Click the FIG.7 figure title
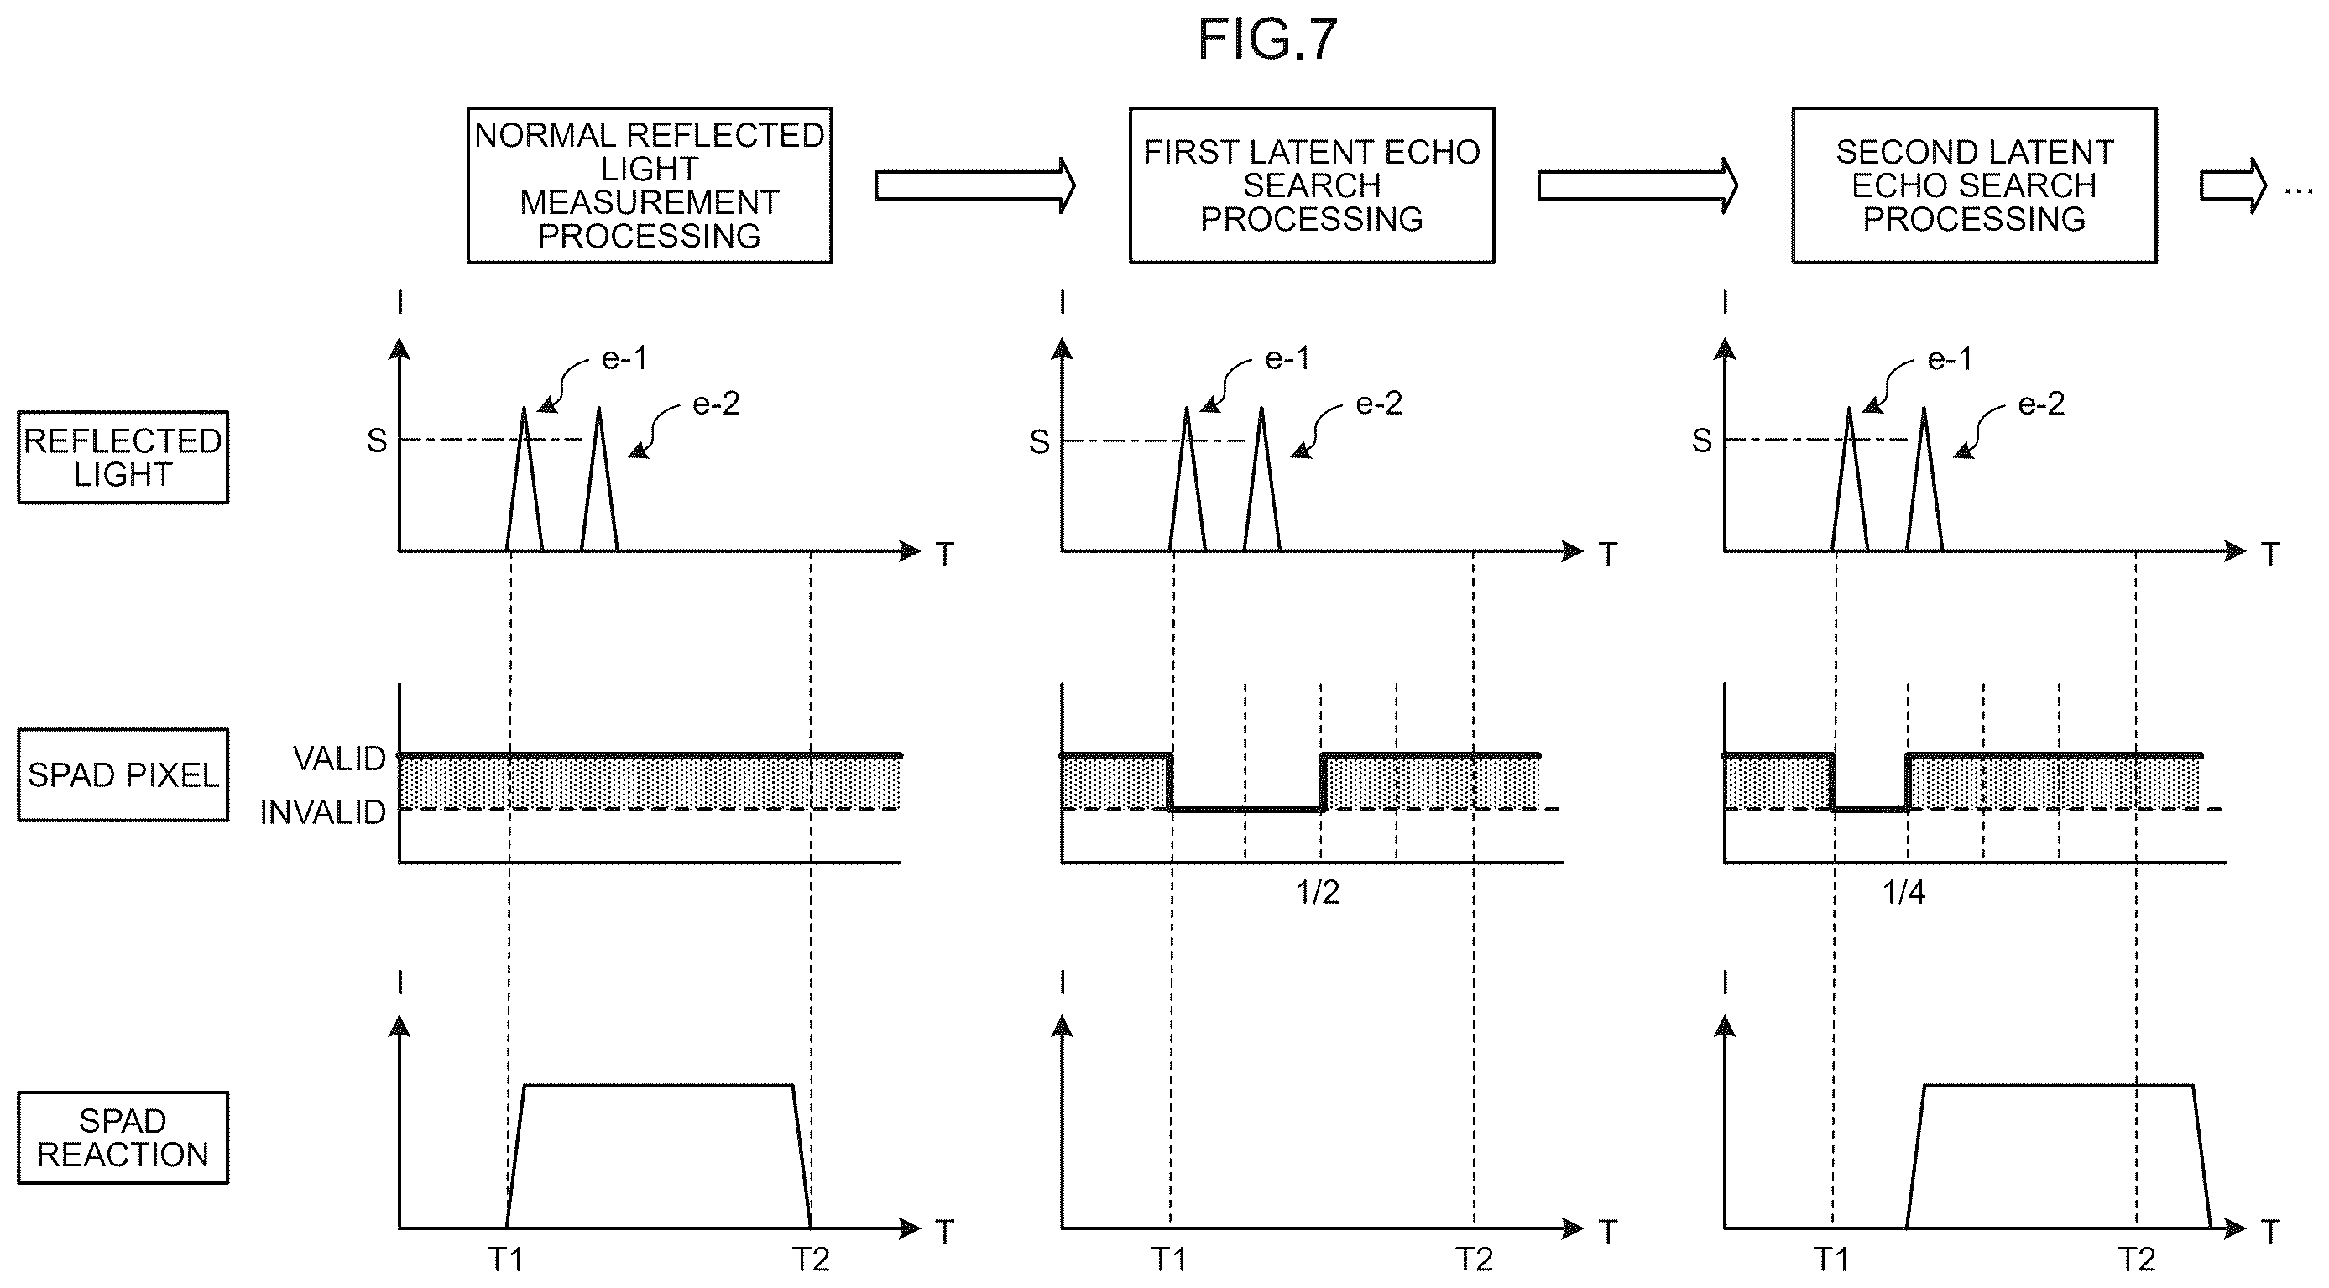tap(1266, 39)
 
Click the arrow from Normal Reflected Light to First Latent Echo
tap(974, 185)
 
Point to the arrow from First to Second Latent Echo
tap(1637, 185)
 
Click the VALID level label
tap(339, 759)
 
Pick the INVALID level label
tap(323, 812)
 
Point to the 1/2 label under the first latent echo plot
tap(1318, 893)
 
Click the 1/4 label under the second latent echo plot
tap(1903, 893)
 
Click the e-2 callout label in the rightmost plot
tap(2041, 403)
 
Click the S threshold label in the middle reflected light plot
tap(1040, 442)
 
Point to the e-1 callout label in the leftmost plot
tap(624, 359)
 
